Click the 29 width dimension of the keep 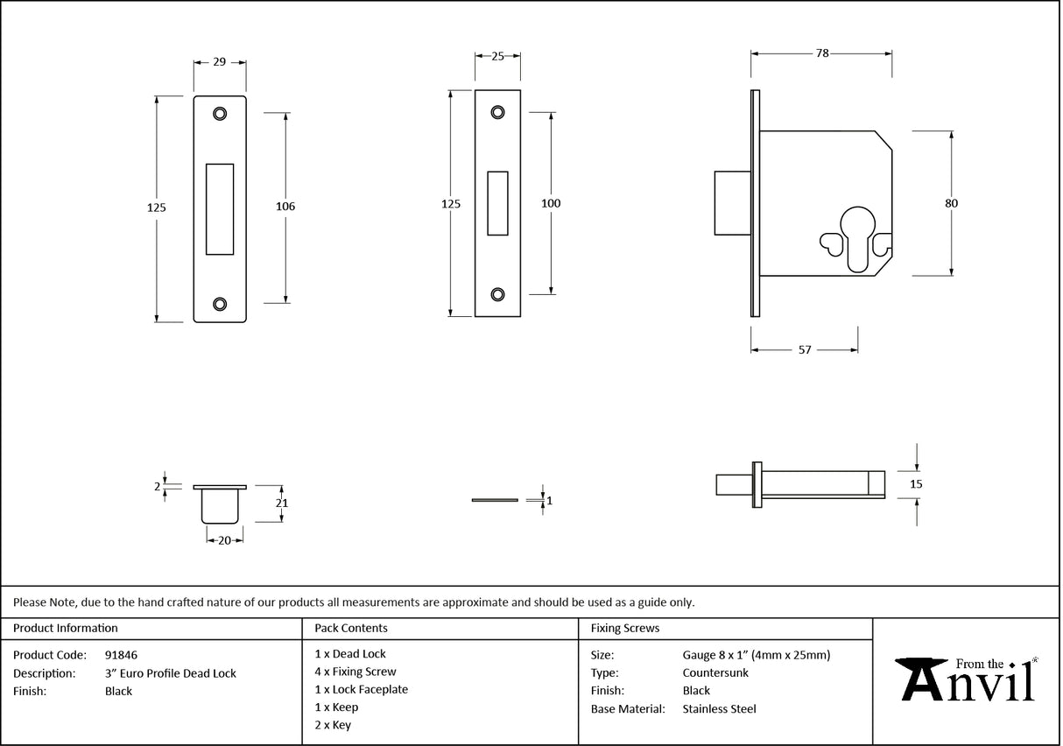tap(219, 62)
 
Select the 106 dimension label tap(285, 207)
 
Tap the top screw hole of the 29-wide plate tap(219, 113)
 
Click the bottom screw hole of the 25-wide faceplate tap(497, 294)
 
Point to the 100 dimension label tap(551, 203)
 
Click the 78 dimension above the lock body tap(822, 53)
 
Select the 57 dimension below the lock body tap(805, 350)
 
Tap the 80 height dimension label tap(951, 203)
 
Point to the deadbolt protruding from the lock tap(732, 203)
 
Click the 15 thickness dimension tap(916, 483)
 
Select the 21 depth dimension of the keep tap(282, 503)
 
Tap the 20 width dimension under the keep tap(224, 541)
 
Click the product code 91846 tap(121, 655)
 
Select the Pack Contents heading tap(350, 629)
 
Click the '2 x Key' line tap(333, 725)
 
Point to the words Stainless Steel tap(719, 709)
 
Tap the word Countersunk tap(715, 673)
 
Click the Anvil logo tap(968, 680)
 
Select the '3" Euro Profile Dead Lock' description tap(170, 673)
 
